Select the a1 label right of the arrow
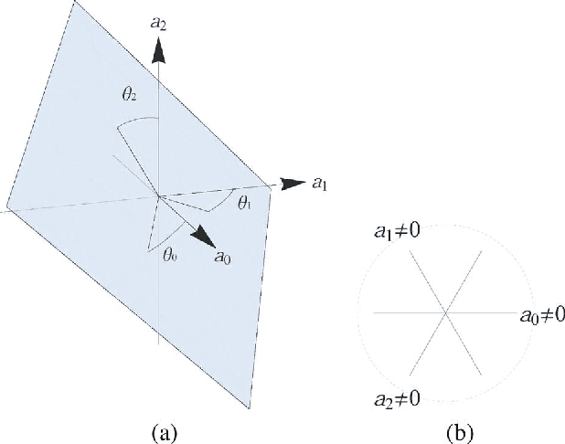[320, 183]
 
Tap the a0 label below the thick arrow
[222, 258]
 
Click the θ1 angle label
[244, 202]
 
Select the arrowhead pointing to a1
[293, 183]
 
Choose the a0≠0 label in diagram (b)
[541, 314]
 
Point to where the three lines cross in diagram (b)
[445, 313]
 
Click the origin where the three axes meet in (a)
[160, 195]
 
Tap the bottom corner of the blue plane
[249, 408]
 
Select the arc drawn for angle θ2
[137, 122]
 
